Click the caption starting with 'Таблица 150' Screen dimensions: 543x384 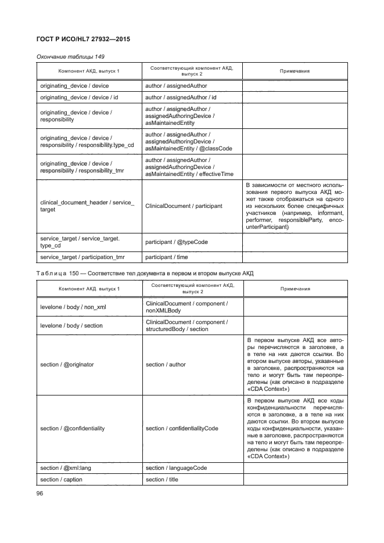146,273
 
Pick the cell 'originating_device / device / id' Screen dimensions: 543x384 79,97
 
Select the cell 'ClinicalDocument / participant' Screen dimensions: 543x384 184,206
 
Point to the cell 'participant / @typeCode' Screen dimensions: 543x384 176,242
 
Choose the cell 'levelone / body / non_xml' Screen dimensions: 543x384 71,307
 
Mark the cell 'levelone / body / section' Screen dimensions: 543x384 71,326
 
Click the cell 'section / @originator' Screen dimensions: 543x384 67,364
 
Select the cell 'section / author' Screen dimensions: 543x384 166,364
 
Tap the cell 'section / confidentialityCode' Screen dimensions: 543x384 182,429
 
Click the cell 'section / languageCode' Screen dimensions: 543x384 176,468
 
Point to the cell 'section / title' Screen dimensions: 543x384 162,480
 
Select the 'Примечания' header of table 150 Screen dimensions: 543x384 295,289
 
